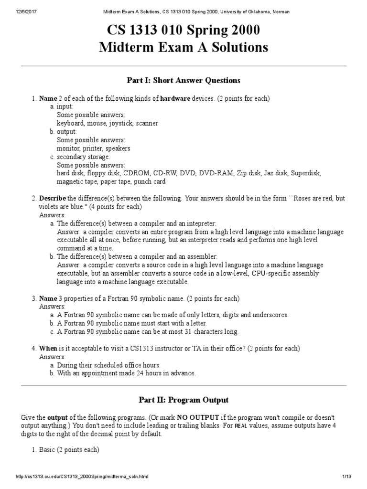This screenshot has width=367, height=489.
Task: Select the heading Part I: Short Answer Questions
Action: click(x=183, y=80)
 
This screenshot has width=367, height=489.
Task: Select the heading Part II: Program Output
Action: click(x=183, y=400)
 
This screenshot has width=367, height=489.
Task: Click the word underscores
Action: click(x=271, y=315)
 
